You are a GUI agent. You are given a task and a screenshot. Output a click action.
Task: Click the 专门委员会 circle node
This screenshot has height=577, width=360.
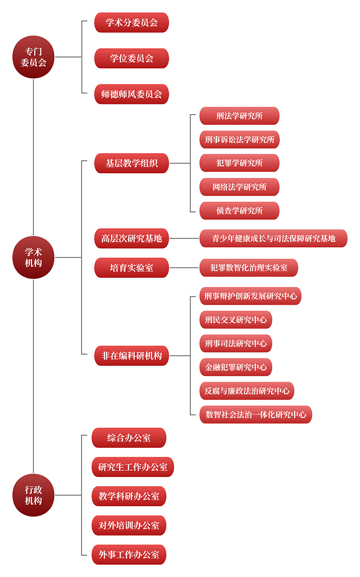[33, 57]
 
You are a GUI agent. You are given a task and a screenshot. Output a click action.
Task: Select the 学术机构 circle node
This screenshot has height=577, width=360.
[33, 257]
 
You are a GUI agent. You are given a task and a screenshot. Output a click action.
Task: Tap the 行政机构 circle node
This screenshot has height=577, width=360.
[33, 495]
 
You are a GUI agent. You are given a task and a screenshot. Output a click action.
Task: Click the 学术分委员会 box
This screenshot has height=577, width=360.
[131, 23]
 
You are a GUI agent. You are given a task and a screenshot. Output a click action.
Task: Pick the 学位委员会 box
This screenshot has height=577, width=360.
[131, 58]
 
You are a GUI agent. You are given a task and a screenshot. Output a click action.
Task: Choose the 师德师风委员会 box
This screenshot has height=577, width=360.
[131, 94]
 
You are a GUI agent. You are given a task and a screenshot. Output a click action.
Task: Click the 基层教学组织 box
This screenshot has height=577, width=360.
[131, 163]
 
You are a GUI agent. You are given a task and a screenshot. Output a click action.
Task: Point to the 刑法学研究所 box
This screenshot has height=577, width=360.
[239, 116]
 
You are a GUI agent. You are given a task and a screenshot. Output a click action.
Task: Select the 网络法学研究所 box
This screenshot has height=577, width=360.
[239, 187]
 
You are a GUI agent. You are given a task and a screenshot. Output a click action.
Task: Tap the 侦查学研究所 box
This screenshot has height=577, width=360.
[239, 211]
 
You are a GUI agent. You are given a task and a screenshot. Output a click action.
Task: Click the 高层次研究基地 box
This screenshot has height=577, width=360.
[131, 238]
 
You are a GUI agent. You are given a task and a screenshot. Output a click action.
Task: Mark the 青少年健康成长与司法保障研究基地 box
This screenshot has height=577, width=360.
[274, 238]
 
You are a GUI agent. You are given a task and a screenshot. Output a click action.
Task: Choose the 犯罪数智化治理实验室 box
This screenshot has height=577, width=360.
[249, 268]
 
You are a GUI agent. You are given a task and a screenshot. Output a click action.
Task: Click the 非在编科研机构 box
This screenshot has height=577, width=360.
[131, 356]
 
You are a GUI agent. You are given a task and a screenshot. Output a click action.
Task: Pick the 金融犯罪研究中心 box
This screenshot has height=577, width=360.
[236, 367]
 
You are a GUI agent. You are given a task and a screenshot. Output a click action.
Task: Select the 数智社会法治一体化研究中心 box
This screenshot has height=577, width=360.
[256, 415]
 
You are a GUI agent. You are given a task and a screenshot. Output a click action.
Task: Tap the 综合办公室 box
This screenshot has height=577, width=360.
[129, 437]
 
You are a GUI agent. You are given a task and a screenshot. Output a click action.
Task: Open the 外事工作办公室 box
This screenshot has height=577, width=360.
[129, 554]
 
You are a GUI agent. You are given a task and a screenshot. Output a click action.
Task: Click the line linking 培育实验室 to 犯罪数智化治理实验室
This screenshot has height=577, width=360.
[184, 268]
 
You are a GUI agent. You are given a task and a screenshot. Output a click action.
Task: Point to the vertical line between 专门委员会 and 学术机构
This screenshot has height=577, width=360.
[33, 157]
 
